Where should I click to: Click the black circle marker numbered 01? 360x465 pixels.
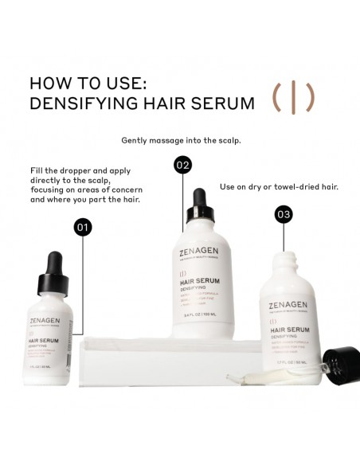coord(83,227)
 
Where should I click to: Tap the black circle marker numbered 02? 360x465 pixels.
coord(183,166)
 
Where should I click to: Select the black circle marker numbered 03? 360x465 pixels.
coord(284,214)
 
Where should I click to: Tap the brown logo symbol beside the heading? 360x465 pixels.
coord(293,98)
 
